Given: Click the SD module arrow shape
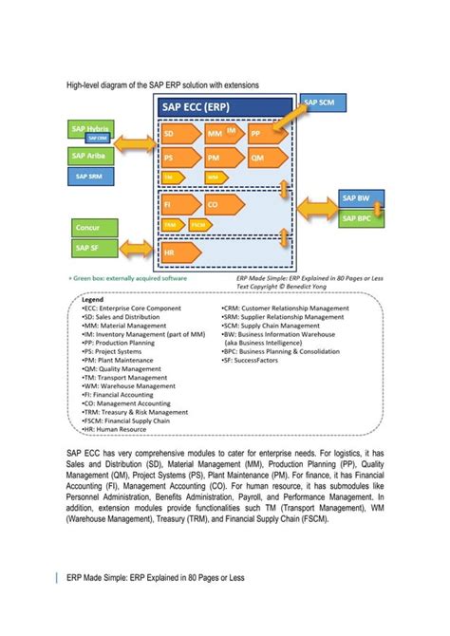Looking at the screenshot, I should click(x=178, y=134).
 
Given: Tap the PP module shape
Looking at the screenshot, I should click(x=262, y=134).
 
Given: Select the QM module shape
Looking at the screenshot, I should click(x=262, y=158).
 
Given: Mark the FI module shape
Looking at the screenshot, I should click(x=178, y=204).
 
